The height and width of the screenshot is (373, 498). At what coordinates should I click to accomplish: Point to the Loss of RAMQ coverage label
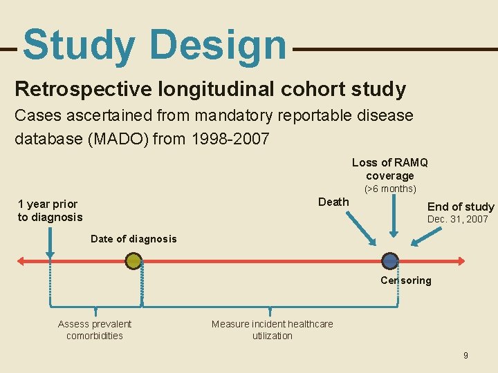[x=389, y=169]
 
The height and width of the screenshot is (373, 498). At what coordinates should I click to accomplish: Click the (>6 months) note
[x=390, y=189]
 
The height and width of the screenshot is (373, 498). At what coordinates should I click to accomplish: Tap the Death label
[x=333, y=202]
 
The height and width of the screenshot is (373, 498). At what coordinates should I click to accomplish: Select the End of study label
[x=461, y=207]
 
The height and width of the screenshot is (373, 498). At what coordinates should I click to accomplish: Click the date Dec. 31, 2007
[x=458, y=219]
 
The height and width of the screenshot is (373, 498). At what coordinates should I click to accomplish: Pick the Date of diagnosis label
[x=133, y=239]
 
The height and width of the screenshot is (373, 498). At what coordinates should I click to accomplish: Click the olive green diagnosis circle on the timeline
[x=133, y=261]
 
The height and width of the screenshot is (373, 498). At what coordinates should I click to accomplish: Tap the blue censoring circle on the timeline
[x=390, y=261]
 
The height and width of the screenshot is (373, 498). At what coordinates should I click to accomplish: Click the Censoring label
[x=405, y=280]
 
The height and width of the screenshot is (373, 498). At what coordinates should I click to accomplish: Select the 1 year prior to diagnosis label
[x=49, y=211]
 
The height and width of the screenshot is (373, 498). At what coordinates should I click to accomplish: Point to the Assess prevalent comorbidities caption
[x=95, y=329]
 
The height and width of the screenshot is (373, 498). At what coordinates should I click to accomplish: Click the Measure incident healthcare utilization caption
[x=272, y=329]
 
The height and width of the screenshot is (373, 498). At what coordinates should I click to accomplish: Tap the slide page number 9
[x=465, y=355]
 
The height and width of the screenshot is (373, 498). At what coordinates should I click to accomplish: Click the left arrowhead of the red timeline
[x=21, y=261]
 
